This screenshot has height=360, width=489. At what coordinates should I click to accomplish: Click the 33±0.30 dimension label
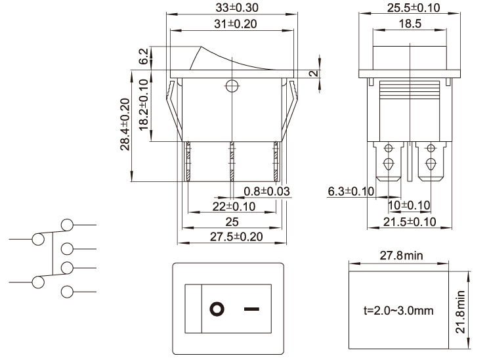tap(237, 7)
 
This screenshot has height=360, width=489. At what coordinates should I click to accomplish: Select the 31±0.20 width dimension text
tap(236, 24)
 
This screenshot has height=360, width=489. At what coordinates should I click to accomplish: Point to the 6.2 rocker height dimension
tap(144, 56)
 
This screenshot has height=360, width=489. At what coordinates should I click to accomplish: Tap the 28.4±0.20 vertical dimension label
tap(125, 124)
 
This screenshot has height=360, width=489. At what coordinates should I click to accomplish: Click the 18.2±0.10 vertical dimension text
tap(144, 105)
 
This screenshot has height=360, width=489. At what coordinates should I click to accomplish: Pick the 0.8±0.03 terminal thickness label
tap(266, 191)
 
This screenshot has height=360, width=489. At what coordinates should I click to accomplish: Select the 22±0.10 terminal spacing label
tap(234, 206)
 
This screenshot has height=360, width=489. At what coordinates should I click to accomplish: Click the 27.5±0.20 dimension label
tap(236, 236)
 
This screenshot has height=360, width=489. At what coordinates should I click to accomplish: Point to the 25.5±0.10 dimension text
tap(414, 8)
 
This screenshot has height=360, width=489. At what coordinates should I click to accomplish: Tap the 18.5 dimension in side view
tap(410, 24)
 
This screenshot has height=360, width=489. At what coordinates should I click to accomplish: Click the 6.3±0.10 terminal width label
tap(351, 191)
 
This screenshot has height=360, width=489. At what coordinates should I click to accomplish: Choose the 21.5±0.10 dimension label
tap(410, 222)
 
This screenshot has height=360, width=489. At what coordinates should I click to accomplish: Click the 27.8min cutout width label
tap(401, 256)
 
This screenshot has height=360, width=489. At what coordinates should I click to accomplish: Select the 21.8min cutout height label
tap(461, 312)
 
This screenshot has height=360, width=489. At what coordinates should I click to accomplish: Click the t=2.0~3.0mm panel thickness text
tap(398, 311)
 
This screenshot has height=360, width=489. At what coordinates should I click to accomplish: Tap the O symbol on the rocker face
tap(217, 309)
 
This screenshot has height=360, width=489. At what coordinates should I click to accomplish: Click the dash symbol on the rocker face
tap(251, 309)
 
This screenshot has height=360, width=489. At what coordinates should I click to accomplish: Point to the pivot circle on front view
tap(232, 85)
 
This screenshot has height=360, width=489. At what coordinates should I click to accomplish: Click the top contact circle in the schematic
tap(67, 225)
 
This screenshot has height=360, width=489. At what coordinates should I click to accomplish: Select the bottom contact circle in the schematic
tap(67, 292)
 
